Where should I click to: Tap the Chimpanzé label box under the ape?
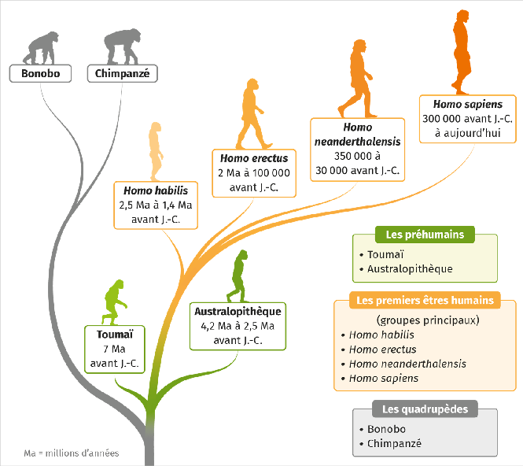point(122,74)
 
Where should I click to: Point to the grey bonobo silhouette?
point(40,48)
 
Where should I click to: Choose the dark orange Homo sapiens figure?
point(462,52)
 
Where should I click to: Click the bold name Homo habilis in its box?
point(155,190)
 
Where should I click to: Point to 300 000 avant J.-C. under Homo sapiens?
point(467,118)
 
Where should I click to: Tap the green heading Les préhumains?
point(425,235)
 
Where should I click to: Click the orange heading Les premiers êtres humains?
point(425,301)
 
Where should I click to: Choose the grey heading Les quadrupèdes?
point(425,409)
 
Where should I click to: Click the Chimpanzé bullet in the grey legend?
point(394,444)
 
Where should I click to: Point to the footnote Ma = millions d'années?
point(72,453)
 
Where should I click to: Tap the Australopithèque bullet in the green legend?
point(410,269)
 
